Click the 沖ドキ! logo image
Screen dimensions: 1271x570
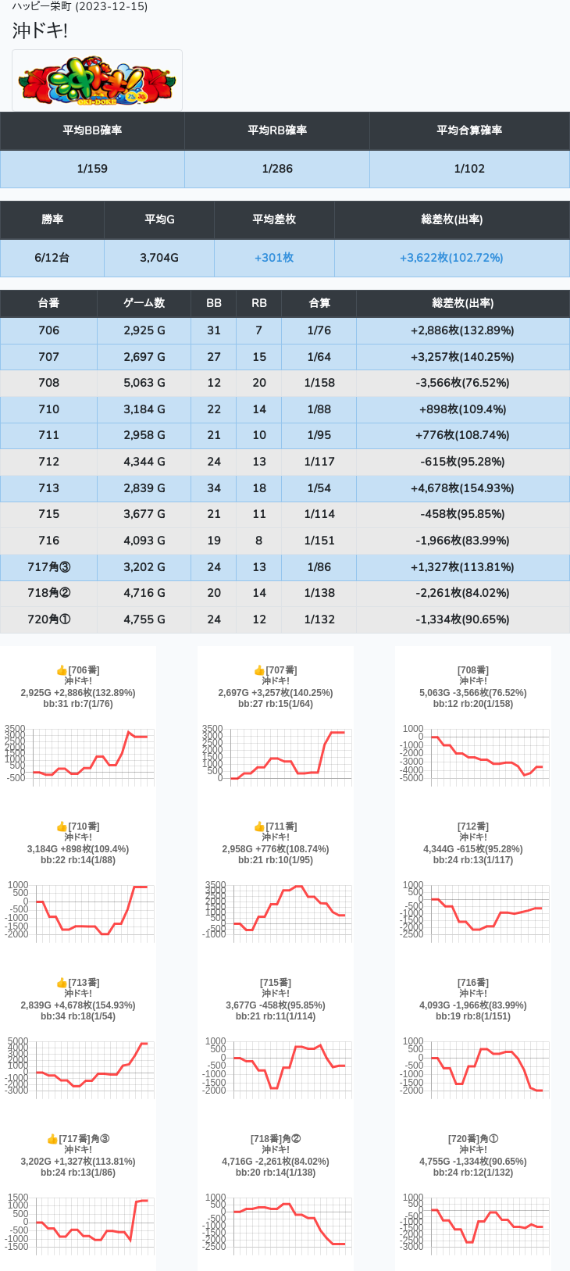coord(97,80)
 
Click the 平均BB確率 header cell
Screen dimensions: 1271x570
coord(92,130)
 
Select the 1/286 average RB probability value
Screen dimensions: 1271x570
coord(277,169)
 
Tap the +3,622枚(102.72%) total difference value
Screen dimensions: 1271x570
coord(451,258)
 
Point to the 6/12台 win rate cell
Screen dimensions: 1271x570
coord(52,258)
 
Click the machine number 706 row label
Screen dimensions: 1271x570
coord(48,330)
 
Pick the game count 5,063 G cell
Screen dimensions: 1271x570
coord(144,383)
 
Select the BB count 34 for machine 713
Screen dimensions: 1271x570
coord(214,488)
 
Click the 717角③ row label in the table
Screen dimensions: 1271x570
coord(48,567)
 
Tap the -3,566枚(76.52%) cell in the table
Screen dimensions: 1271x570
coord(462,383)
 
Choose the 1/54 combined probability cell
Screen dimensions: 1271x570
coord(319,488)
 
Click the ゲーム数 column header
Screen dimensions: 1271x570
coord(144,303)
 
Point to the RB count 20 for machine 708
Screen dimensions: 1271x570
coord(259,383)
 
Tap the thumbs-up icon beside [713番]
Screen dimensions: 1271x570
coord(62,983)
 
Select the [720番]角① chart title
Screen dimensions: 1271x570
coord(473,1139)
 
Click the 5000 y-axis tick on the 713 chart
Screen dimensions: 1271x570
coord(17,1041)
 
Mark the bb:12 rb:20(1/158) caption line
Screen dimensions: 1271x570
coord(473,704)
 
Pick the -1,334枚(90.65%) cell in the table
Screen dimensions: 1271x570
coord(462,619)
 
